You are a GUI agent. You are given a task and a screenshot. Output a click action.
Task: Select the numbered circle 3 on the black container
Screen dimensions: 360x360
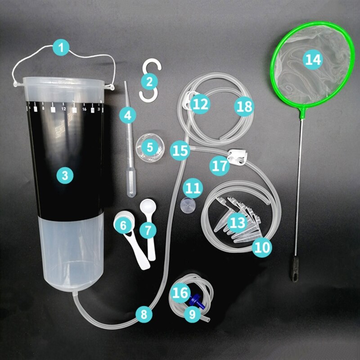(x=65, y=175)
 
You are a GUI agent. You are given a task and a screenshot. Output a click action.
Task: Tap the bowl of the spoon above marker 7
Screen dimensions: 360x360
(x=147, y=206)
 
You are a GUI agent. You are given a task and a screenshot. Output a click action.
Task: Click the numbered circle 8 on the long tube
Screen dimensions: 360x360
(x=144, y=314)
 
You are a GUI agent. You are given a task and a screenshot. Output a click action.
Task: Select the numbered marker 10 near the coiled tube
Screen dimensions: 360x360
(x=262, y=247)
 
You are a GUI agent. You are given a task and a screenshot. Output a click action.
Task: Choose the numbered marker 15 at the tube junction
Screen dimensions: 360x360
(x=180, y=150)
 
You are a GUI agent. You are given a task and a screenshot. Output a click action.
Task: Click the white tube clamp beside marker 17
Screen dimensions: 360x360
(x=237, y=156)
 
